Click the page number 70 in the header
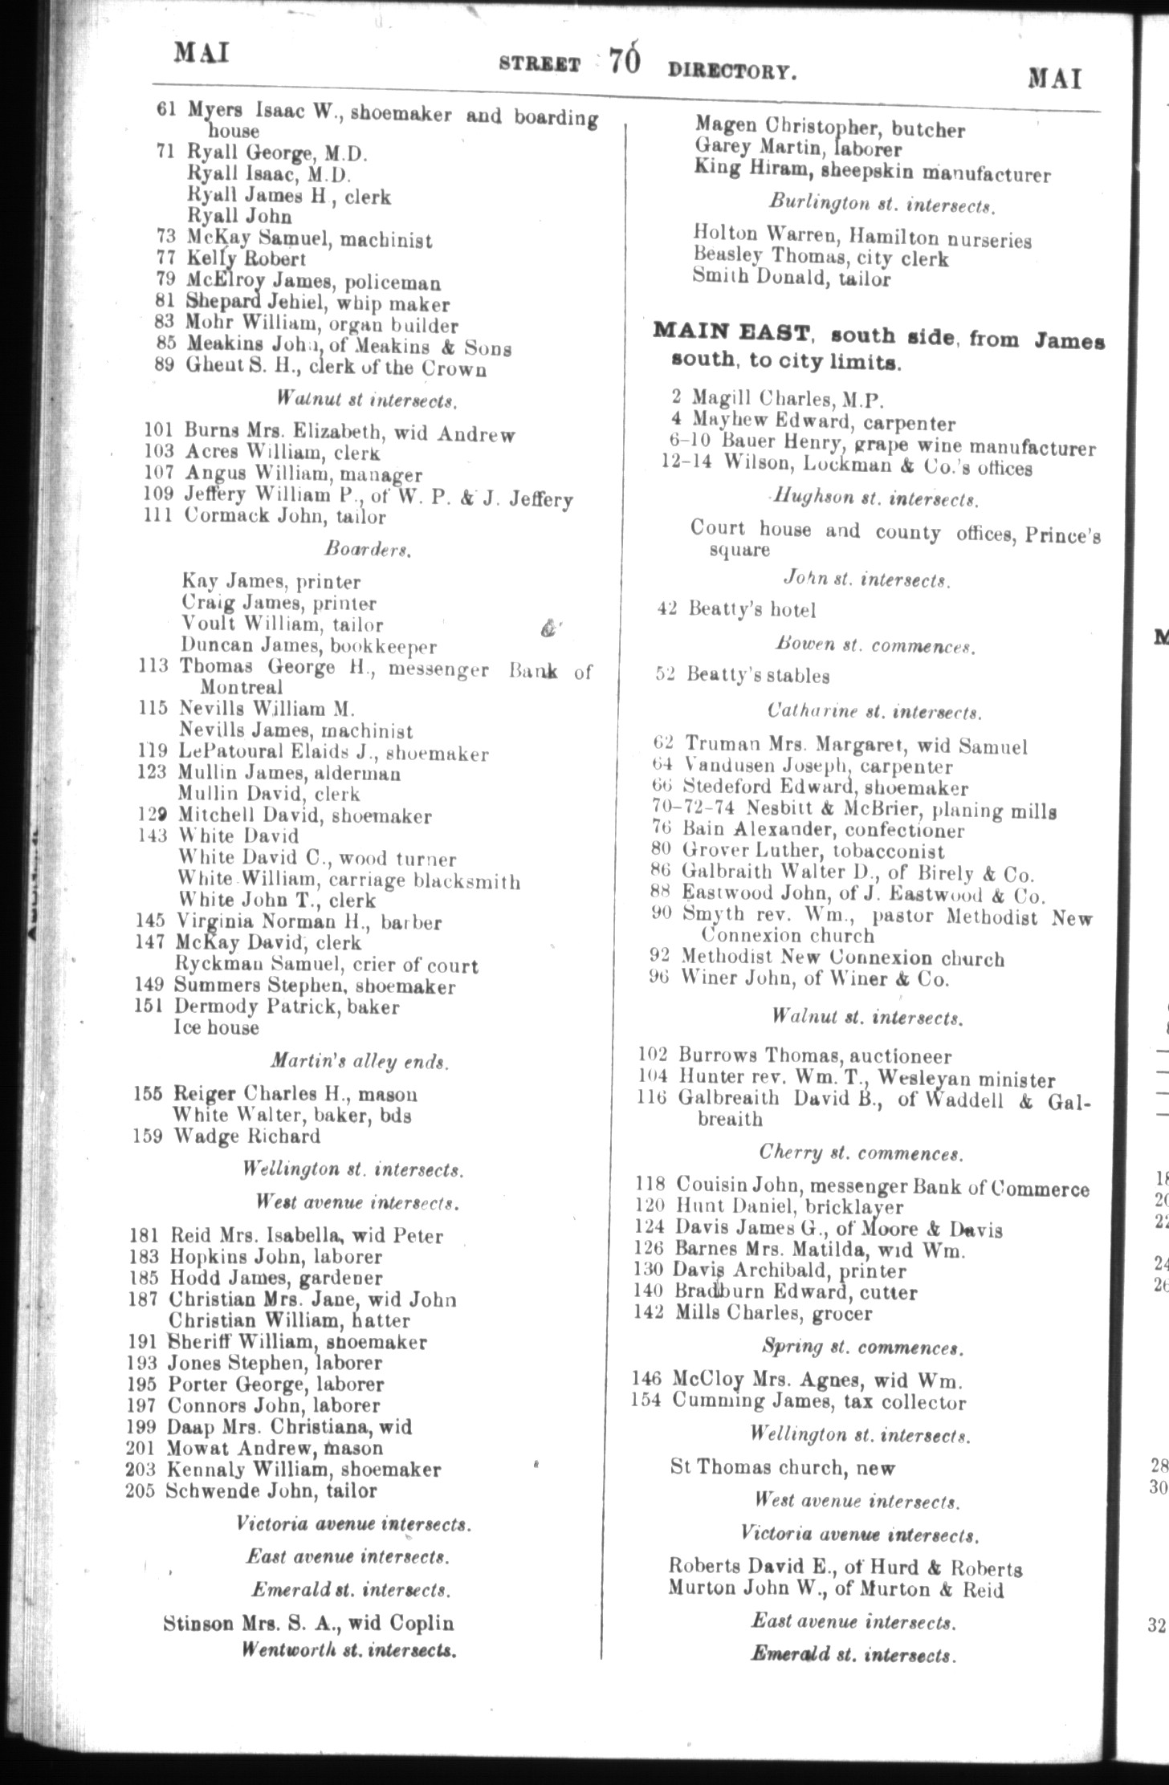tap(624, 62)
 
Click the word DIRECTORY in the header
tap(731, 72)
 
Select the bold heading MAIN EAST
tap(724, 331)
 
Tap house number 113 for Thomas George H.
tap(153, 666)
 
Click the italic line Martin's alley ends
tap(359, 1061)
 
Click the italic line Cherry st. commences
tap(861, 1153)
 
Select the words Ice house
tap(216, 1028)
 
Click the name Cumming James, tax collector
tap(819, 1402)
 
